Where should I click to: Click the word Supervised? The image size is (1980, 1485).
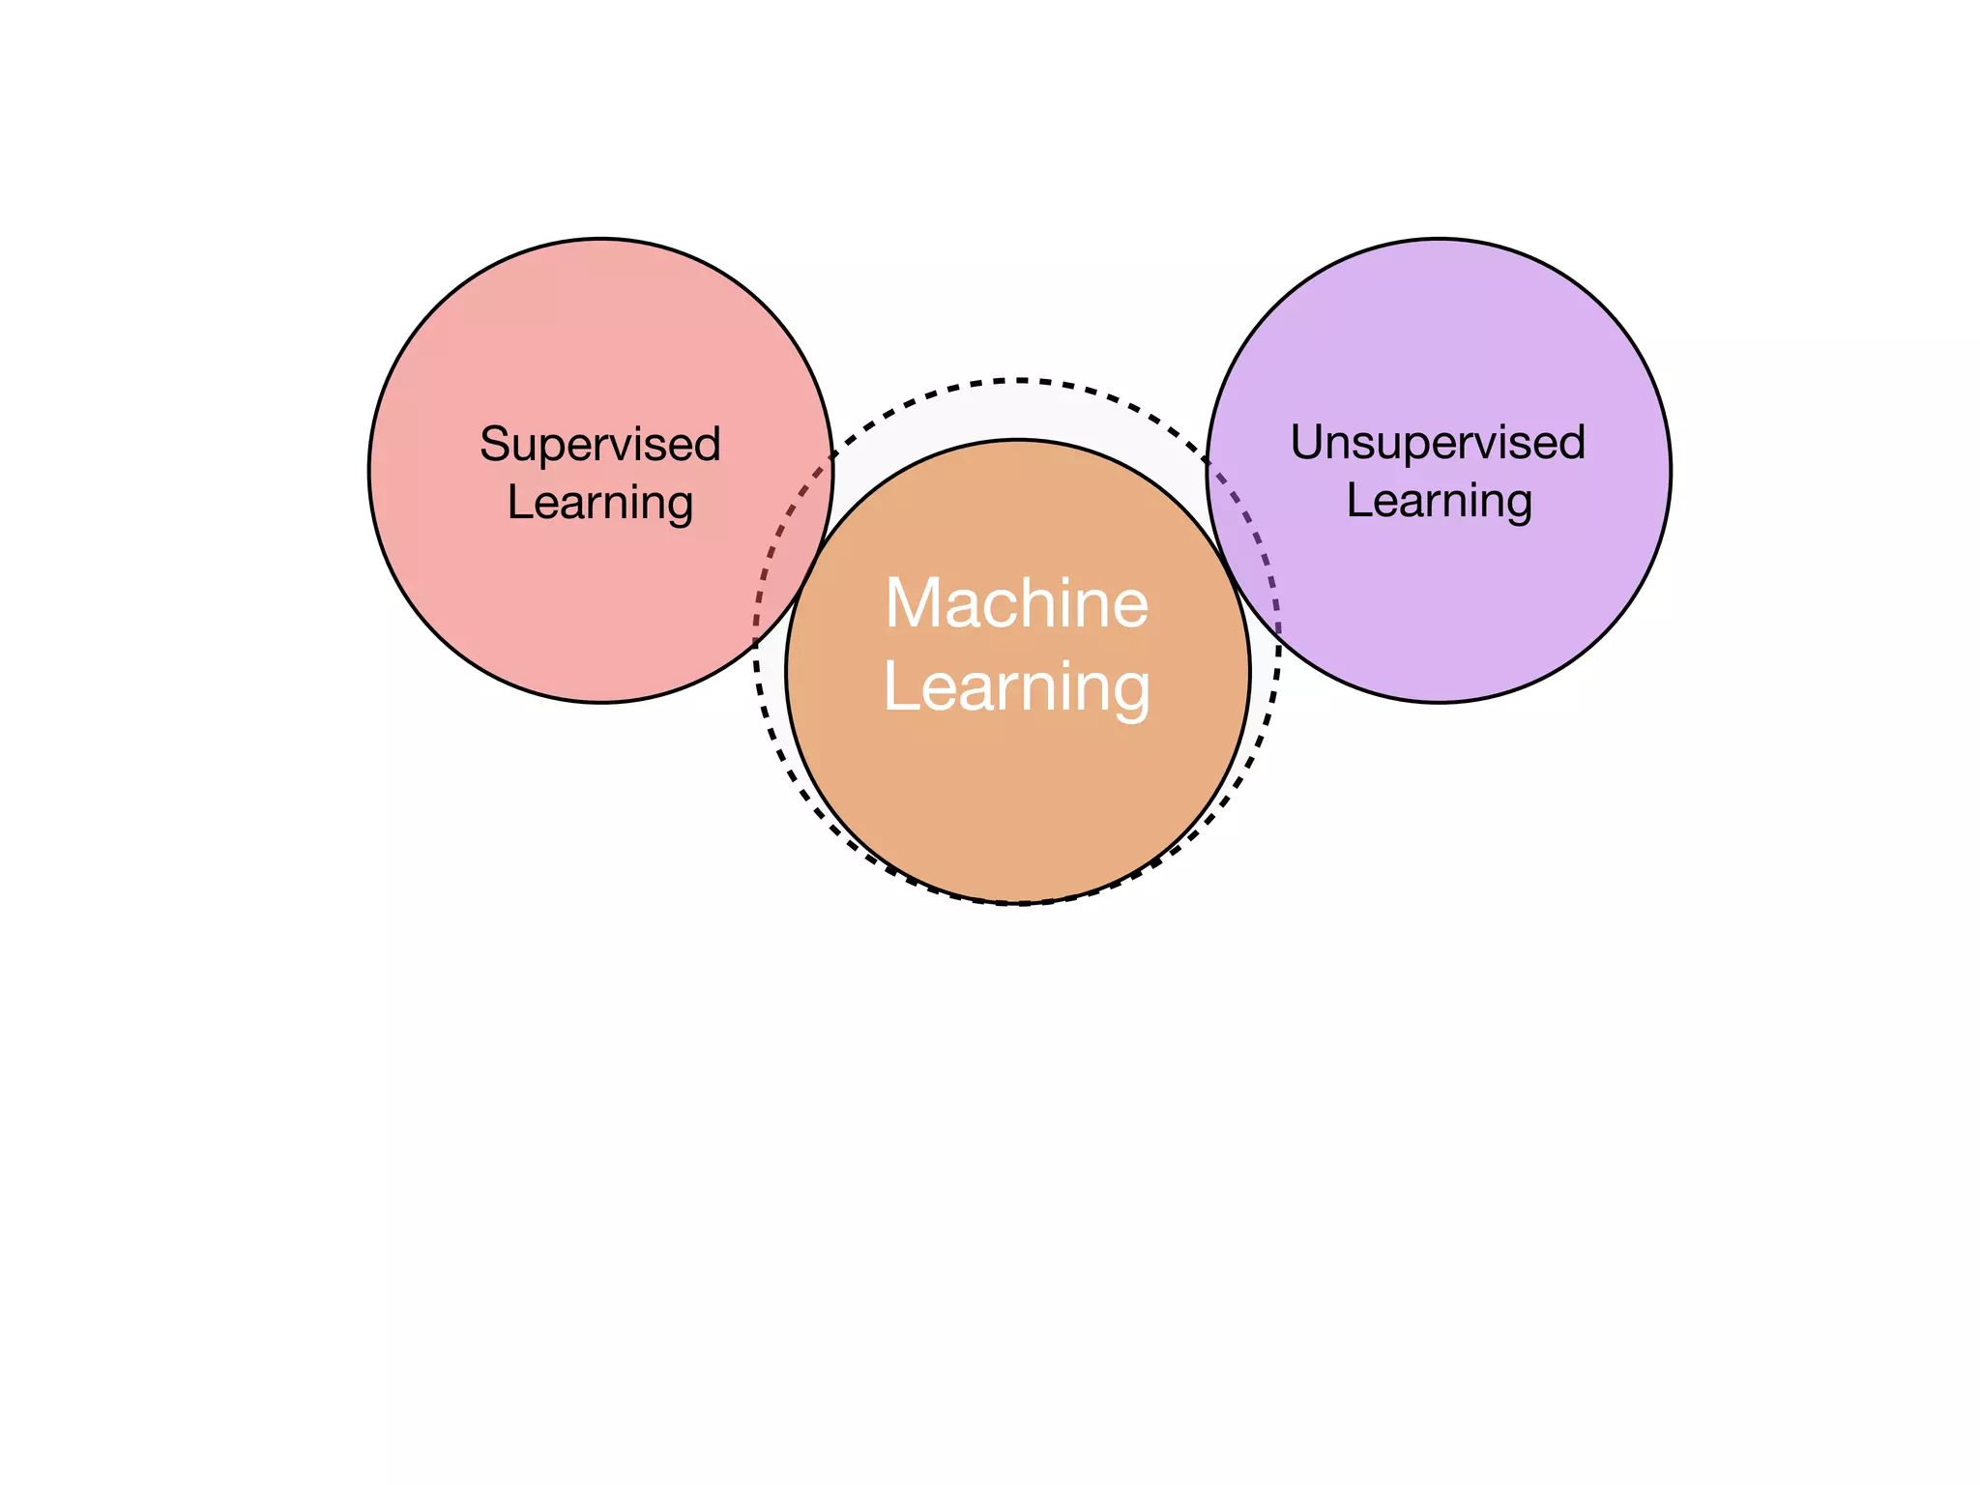[600, 446]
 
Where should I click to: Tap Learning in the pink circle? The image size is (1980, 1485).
[600, 504]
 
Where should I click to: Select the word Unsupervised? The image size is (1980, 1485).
[1438, 444]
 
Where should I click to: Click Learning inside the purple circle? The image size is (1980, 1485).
[1440, 502]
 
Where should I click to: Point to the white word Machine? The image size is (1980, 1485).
[1017, 603]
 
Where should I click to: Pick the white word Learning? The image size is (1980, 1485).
[1017, 687]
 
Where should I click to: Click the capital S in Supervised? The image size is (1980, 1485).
[494, 445]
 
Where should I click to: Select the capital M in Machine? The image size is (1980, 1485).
[916, 603]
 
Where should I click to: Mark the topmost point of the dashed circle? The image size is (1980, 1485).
[1017, 380]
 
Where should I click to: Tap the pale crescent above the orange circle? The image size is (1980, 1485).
[1017, 411]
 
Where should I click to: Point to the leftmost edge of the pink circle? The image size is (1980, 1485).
[369, 470]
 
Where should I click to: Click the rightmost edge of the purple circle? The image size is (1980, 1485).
[1671, 470]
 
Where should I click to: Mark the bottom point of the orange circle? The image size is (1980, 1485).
[1018, 902]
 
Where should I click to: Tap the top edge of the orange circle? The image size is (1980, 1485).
[1018, 440]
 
